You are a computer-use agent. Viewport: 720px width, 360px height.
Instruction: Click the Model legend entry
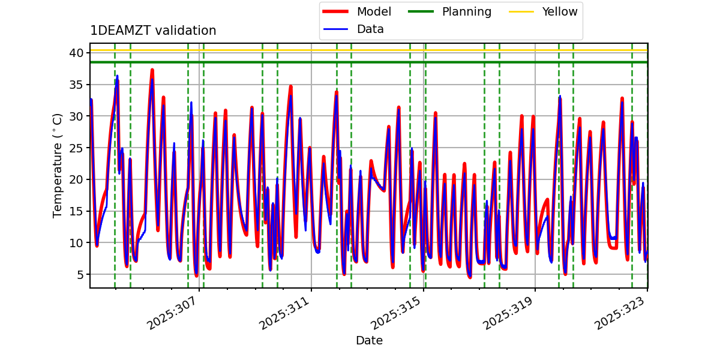pyautogui.click(x=374, y=11)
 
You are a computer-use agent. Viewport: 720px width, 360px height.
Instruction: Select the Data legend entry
pyautogui.click(x=370, y=29)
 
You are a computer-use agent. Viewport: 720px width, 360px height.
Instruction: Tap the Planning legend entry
pyautogui.click(x=466, y=11)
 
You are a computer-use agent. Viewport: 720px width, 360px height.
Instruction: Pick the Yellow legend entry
pyautogui.click(x=559, y=11)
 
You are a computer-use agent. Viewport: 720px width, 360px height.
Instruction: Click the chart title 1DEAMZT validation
pyautogui.click(x=153, y=31)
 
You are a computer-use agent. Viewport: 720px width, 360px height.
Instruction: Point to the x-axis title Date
pyautogui.click(x=369, y=341)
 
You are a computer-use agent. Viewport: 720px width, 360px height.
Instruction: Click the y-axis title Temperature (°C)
pyautogui.click(x=58, y=165)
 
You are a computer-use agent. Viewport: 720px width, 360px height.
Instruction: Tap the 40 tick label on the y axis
pyautogui.click(x=76, y=53)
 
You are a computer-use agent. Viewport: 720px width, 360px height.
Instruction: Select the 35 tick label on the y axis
pyautogui.click(x=76, y=85)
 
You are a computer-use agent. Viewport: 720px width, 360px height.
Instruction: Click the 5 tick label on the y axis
pyautogui.click(x=79, y=274)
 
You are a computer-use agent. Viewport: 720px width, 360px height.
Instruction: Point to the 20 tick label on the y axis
pyautogui.click(x=76, y=179)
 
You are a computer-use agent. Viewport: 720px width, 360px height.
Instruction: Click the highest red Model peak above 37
pyautogui.click(x=152, y=70)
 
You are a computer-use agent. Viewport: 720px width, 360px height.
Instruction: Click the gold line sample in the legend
pyautogui.click(x=521, y=11)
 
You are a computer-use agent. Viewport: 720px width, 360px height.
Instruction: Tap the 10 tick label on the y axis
pyautogui.click(x=76, y=242)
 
